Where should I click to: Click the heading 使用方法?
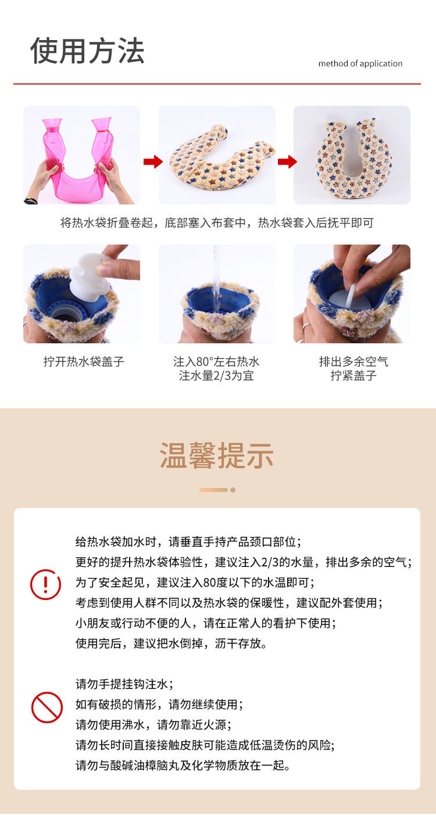pyautogui.click(x=87, y=51)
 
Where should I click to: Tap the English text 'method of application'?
pyautogui.click(x=360, y=64)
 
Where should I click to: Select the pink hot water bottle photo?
pyautogui.click(x=81, y=155)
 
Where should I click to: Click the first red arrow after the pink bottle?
pyautogui.click(x=153, y=161)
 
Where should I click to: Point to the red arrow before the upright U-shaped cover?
pyautogui.click(x=287, y=161)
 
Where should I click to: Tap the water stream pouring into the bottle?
pyautogui.click(x=216, y=278)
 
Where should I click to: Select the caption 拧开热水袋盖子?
pyautogui.click(x=84, y=362)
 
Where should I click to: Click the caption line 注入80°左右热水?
pyautogui.click(x=216, y=362)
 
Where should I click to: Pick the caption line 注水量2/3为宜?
pyautogui.click(x=216, y=375)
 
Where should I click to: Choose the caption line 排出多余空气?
pyautogui.click(x=353, y=362)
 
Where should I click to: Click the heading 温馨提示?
pyautogui.click(x=217, y=455)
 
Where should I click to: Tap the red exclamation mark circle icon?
pyautogui.click(x=45, y=584)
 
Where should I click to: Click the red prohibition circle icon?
pyautogui.click(x=47, y=708)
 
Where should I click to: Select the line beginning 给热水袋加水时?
pyautogui.click(x=188, y=542)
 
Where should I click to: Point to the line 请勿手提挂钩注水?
pyautogui.click(x=124, y=684)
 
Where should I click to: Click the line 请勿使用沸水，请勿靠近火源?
pyautogui.click(x=153, y=725)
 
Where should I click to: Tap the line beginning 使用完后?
pyautogui.click(x=171, y=643)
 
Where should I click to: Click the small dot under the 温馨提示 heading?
pyautogui.click(x=233, y=490)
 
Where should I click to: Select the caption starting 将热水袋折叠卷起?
pyautogui.click(x=217, y=222)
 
